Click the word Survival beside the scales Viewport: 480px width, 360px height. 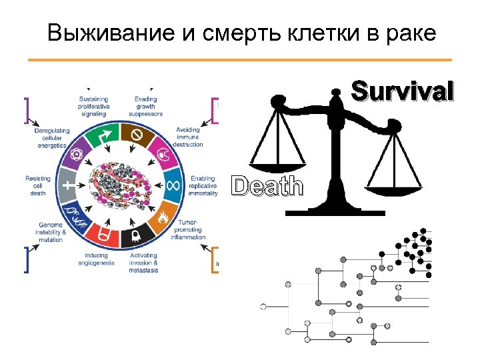click(x=403, y=91)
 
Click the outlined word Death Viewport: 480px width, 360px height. click(x=267, y=186)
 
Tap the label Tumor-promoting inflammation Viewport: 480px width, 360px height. click(x=188, y=229)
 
